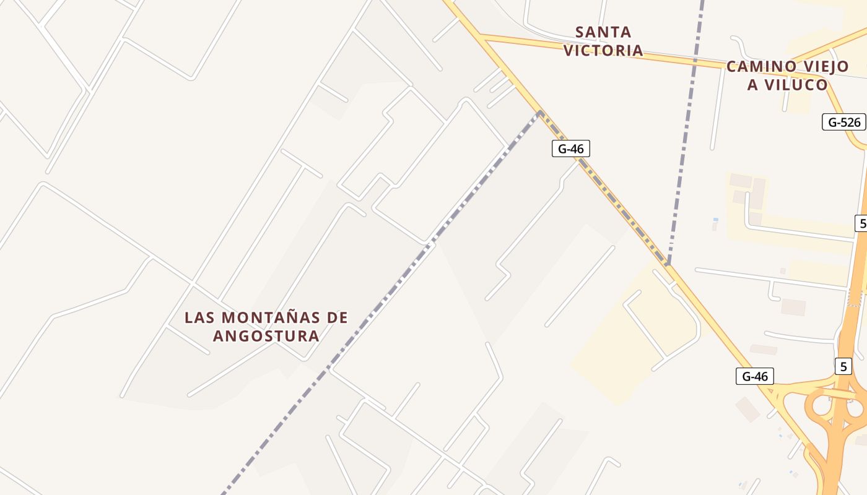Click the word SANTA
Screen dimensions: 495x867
(x=603, y=32)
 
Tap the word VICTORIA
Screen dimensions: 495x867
(x=603, y=51)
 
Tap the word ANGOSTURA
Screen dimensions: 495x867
(x=266, y=336)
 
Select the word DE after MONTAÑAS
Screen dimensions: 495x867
(x=338, y=318)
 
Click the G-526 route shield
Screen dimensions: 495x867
(x=844, y=122)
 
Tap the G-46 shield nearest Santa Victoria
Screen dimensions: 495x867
(x=571, y=148)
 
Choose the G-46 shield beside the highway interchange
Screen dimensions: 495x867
(x=755, y=376)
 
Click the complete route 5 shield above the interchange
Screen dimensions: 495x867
(x=843, y=366)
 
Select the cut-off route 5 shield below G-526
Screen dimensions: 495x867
(x=861, y=223)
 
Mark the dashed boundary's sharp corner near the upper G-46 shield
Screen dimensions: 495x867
(x=540, y=112)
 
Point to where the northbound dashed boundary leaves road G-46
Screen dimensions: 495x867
(x=668, y=265)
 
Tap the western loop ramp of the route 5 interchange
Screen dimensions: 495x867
(x=821, y=406)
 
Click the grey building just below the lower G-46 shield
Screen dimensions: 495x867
(x=748, y=409)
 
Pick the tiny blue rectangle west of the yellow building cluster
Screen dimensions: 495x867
(x=716, y=220)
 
